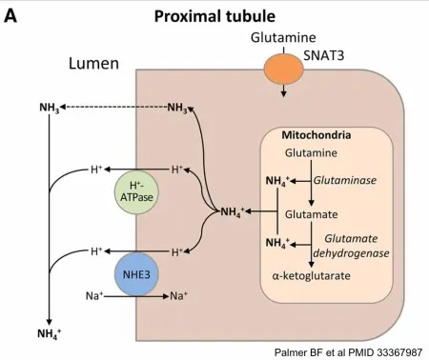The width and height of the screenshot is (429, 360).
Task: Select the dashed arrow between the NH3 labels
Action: point(115,108)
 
